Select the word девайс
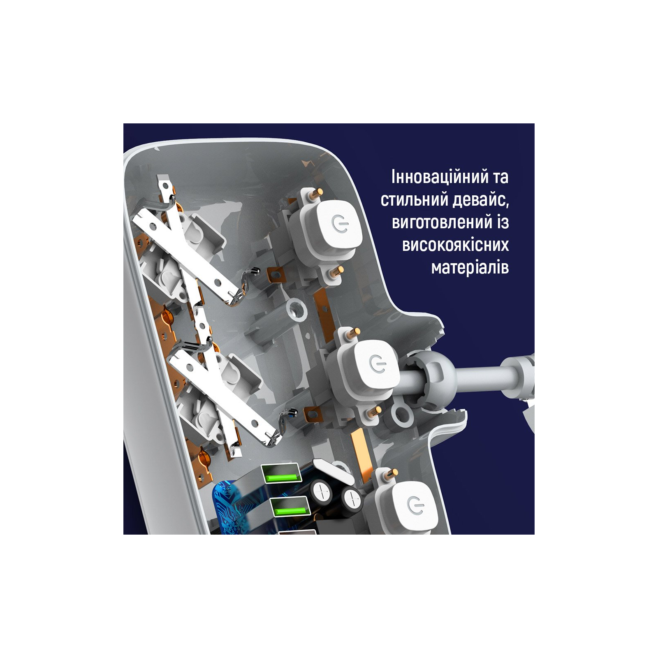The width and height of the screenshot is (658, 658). pos(480,201)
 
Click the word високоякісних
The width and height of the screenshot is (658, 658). pos(456,245)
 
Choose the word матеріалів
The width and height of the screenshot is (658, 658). pos(470,268)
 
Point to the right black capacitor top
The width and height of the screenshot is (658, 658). pos(352,499)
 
